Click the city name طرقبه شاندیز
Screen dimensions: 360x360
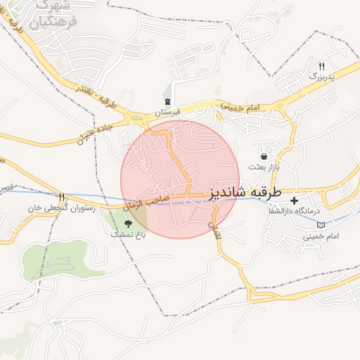(245, 192)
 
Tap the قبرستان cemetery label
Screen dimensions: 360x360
(168, 112)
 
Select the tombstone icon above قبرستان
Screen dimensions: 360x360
(167, 101)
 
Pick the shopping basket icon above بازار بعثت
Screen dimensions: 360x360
(264, 156)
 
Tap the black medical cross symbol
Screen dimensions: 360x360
(294, 200)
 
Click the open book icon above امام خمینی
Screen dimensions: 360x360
(321, 224)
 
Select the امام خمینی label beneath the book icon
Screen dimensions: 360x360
(321, 236)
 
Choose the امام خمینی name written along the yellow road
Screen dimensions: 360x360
(241, 105)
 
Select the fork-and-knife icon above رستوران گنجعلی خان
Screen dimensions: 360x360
(61, 197)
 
